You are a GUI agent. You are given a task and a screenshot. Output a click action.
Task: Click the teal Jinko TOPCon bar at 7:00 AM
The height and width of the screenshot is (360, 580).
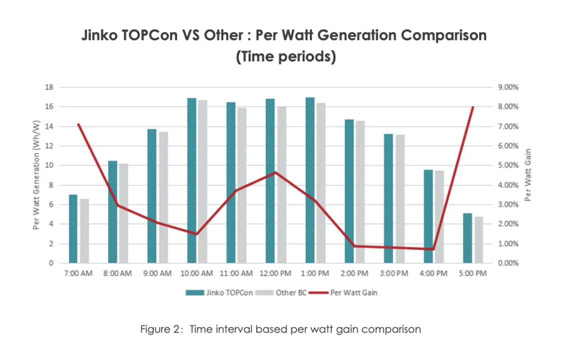(73, 229)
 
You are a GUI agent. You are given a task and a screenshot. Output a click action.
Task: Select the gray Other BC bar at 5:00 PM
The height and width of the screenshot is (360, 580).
(479, 240)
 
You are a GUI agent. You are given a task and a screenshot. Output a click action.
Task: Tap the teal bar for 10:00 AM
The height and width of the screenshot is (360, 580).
(192, 180)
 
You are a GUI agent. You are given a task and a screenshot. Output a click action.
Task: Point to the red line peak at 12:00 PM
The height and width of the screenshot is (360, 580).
(276, 172)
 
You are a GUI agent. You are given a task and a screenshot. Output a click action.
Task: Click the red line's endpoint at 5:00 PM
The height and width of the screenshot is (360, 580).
(473, 107)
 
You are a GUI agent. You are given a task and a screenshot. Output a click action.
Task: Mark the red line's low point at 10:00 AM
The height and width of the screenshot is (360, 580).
(197, 234)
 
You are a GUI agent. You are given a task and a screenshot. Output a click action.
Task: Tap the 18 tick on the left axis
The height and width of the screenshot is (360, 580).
(49, 87)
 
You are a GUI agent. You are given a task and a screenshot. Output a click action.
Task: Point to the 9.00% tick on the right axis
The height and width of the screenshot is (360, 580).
(509, 87)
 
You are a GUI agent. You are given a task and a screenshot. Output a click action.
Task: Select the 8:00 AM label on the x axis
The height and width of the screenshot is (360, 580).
(118, 273)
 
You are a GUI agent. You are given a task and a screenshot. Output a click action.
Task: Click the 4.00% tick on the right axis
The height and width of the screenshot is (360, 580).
(509, 185)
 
